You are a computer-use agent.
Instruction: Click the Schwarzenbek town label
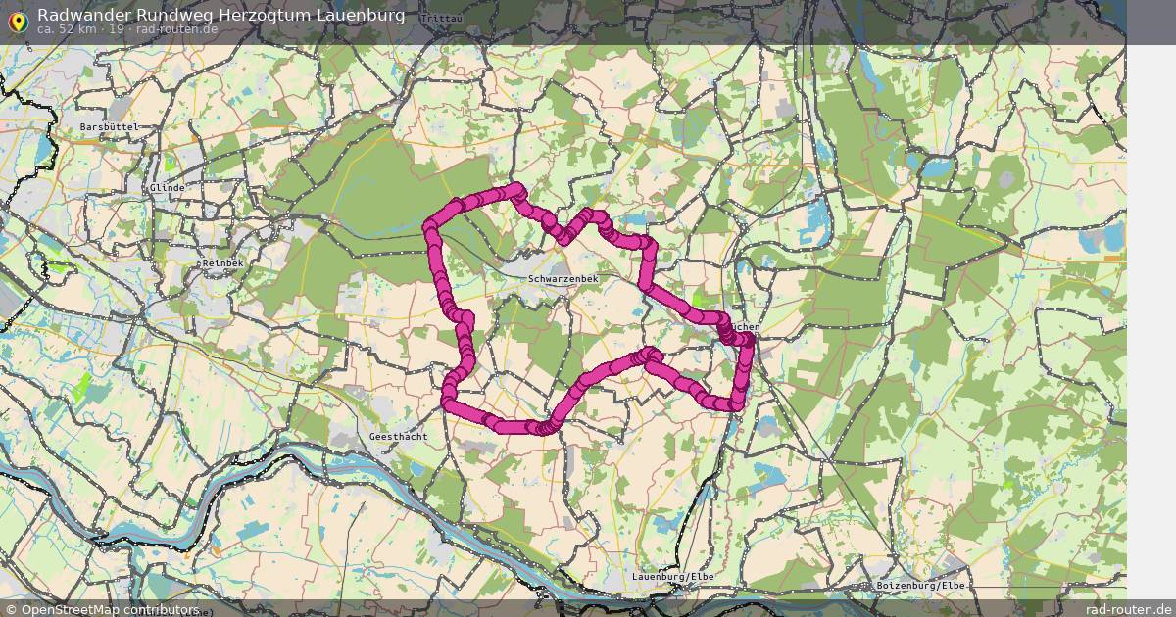pyautogui.click(x=563, y=279)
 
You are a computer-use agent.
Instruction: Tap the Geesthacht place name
pyautogui.click(x=398, y=436)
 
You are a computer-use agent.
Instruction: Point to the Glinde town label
pyautogui.click(x=168, y=187)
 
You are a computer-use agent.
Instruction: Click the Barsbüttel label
pyautogui.click(x=110, y=127)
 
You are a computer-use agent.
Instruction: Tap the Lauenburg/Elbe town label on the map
pyautogui.click(x=673, y=576)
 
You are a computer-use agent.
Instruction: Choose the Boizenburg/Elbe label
pyautogui.click(x=921, y=585)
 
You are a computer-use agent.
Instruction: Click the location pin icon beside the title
pyautogui.click(x=17, y=21)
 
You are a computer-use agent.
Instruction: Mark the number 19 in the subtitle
pyautogui.click(x=116, y=29)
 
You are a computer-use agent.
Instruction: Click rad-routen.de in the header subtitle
pyautogui.click(x=176, y=29)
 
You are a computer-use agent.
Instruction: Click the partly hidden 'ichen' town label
pyautogui.click(x=745, y=326)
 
